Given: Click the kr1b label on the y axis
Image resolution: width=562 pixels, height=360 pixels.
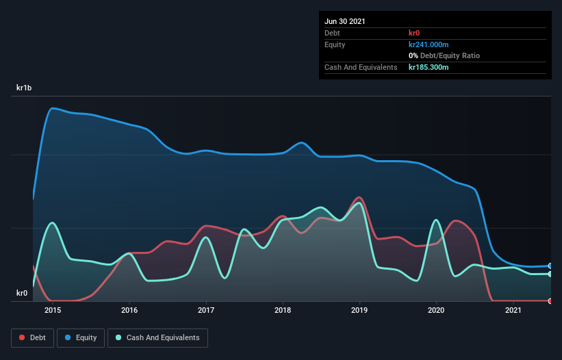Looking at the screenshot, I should (x=24, y=88).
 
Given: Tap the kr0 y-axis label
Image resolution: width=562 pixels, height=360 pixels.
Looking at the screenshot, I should (x=22, y=294).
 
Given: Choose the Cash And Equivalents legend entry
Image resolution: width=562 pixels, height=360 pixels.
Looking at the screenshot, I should (x=157, y=337).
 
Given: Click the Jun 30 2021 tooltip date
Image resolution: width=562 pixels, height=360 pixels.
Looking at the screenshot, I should (x=345, y=21).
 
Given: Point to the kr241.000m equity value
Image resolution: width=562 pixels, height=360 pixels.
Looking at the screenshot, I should (x=429, y=44).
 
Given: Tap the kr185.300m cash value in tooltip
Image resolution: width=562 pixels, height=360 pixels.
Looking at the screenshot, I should (x=429, y=67).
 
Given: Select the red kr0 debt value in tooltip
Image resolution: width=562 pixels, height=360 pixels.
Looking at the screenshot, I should (x=414, y=33).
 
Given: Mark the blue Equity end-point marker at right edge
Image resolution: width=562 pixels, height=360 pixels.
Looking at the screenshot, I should (x=550, y=266).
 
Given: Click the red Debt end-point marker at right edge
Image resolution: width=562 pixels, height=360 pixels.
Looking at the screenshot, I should (x=550, y=300).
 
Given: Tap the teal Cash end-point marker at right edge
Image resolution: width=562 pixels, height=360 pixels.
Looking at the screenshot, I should (x=550, y=274).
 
